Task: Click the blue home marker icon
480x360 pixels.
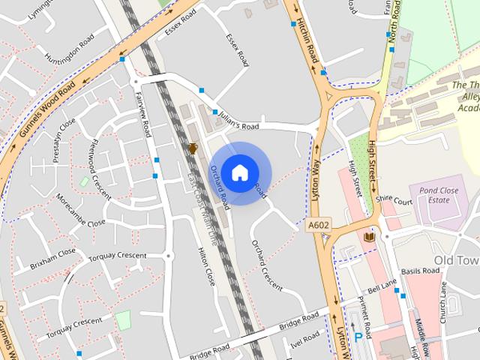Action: [239, 172]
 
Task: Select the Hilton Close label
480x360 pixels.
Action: [205, 266]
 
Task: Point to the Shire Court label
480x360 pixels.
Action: [394, 202]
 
